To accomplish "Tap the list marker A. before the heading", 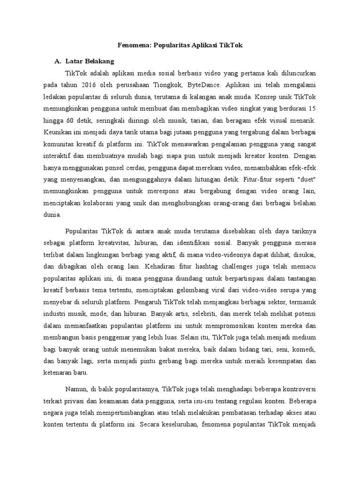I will coord(58,61).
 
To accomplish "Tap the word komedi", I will coord(303,350).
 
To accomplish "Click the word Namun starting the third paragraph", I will coord(77,389).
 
